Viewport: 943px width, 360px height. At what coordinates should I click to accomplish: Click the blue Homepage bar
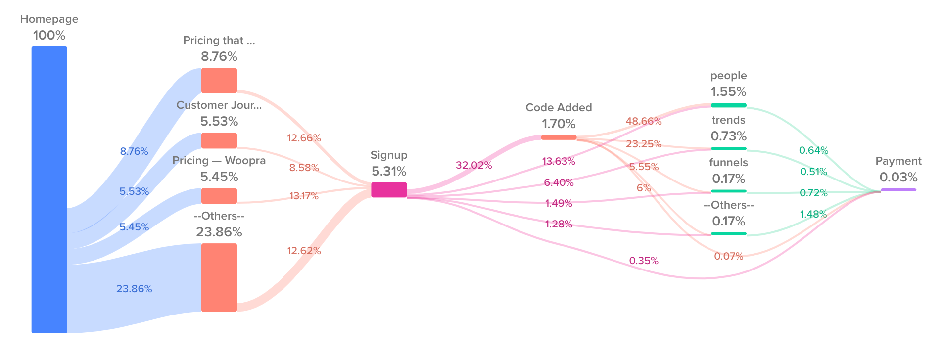[49, 189]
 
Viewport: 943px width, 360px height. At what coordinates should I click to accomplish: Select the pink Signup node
[389, 190]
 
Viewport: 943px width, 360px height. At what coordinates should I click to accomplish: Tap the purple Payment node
[898, 190]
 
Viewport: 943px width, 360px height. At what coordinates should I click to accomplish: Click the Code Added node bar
[559, 137]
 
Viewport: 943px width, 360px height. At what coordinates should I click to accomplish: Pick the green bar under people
[728, 105]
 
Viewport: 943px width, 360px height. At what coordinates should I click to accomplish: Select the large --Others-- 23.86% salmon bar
[219, 277]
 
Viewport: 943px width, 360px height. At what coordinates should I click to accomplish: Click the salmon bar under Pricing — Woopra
[219, 196]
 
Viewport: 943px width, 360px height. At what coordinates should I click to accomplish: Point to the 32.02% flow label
[473, 165]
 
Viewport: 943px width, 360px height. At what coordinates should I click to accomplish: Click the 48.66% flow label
[643, 121]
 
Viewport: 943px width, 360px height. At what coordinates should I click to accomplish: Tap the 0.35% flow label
[643, 261]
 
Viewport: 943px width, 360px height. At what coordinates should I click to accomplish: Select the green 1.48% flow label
[813, 214]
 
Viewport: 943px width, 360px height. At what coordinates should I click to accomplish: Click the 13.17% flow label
[304, 196]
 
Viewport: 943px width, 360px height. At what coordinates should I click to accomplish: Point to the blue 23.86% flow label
[134, 289]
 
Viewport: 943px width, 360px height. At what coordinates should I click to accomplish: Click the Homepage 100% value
[49, 36]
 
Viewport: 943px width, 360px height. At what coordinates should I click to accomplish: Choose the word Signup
[389, 155]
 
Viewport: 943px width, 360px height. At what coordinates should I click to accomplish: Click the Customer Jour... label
[219, 105]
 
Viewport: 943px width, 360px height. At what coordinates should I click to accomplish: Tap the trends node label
[728, 120]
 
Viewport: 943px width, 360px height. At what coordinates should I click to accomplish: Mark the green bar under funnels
[728, 191]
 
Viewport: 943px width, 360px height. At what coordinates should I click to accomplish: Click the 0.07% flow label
[728, 256]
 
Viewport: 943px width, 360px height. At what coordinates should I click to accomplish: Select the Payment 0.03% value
[898, 177]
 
